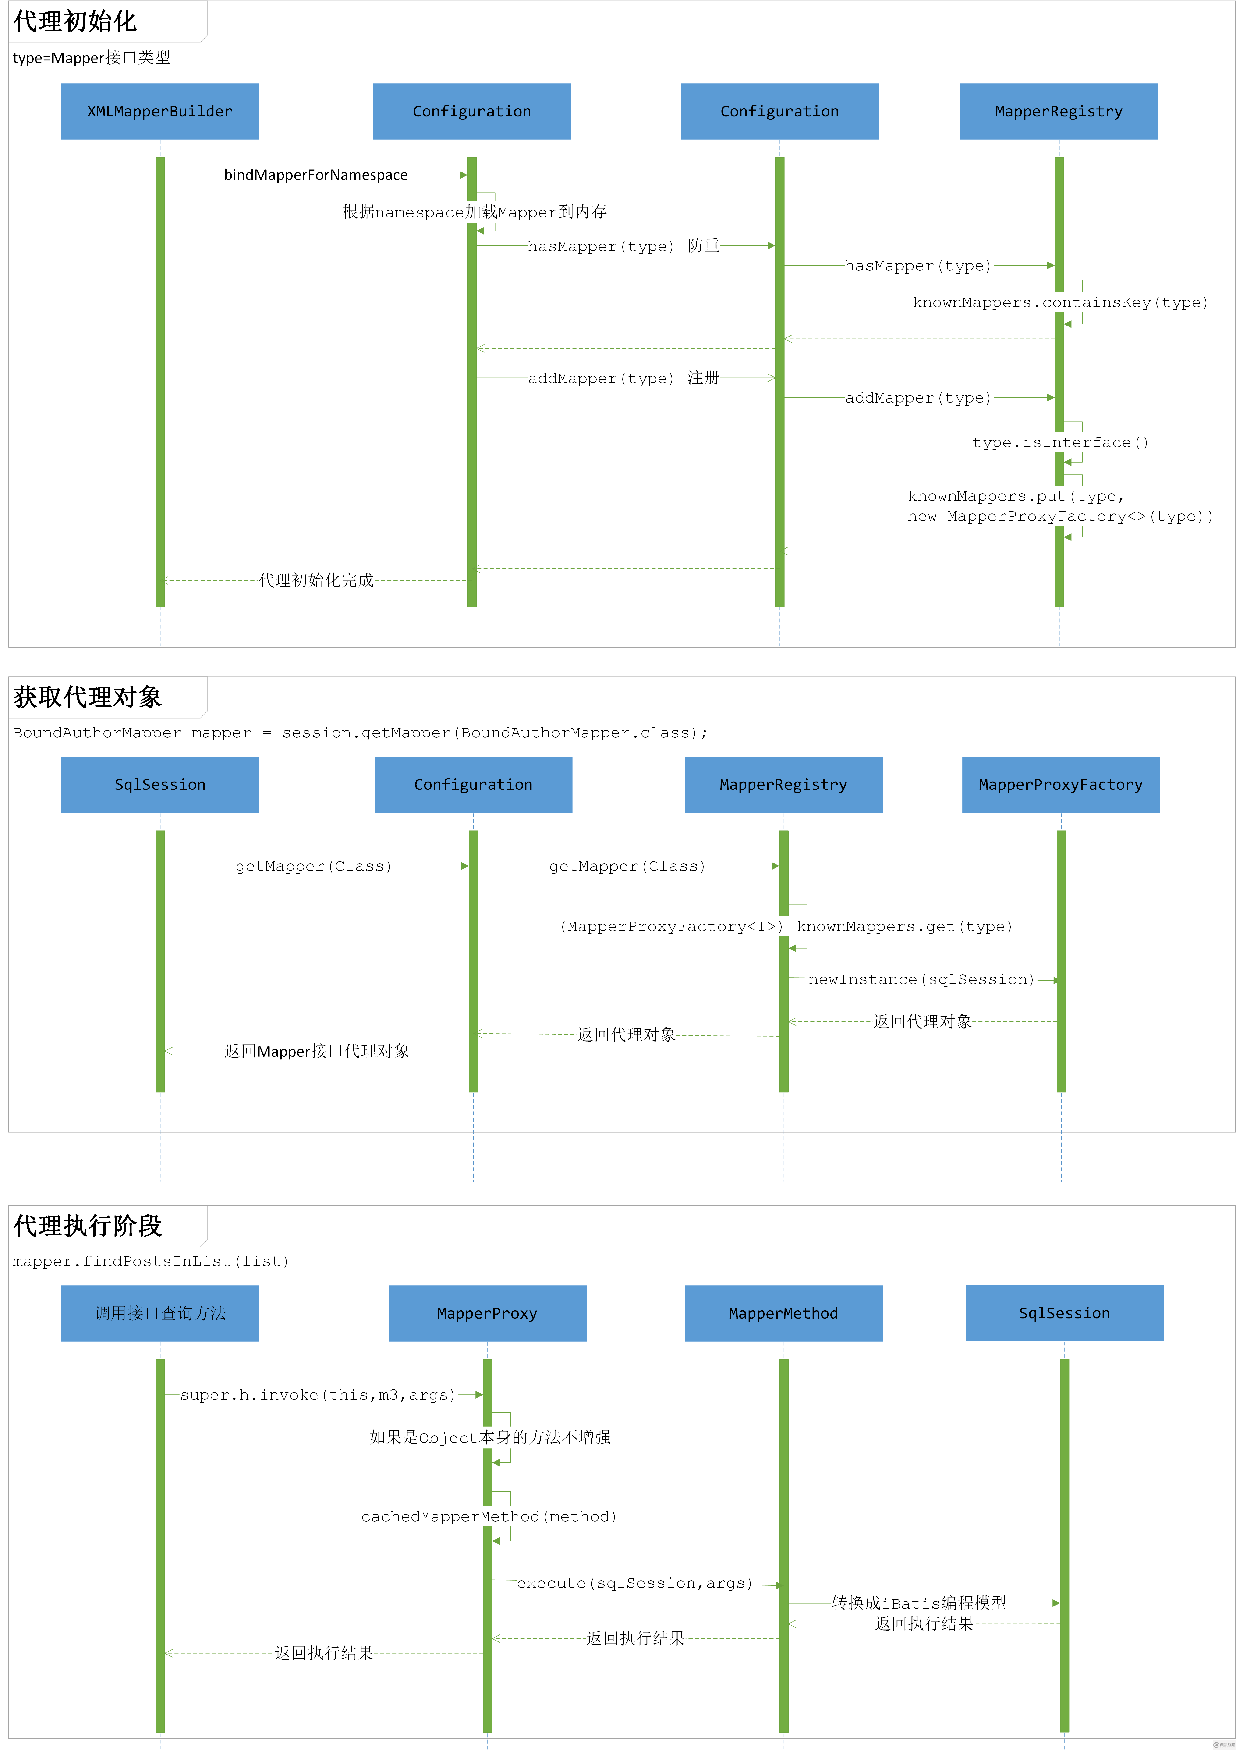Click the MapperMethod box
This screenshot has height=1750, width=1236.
tap(783, 1313)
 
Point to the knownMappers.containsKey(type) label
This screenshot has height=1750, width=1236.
tap(1060, 303)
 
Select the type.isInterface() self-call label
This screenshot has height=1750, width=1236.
tap(1060, 443)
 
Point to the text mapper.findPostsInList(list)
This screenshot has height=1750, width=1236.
tap(150, 1261)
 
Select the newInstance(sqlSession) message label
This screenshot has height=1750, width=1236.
tap(921, 979)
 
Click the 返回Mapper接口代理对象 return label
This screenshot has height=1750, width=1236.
tap(316, 1051)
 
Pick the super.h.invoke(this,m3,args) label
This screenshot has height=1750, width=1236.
tap(317, 1395)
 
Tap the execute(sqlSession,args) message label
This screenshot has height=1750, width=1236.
tap(634, 1583)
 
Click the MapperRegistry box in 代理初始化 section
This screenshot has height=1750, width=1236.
tap(1058, 111)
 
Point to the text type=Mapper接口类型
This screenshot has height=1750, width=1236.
tap(91, 58)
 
